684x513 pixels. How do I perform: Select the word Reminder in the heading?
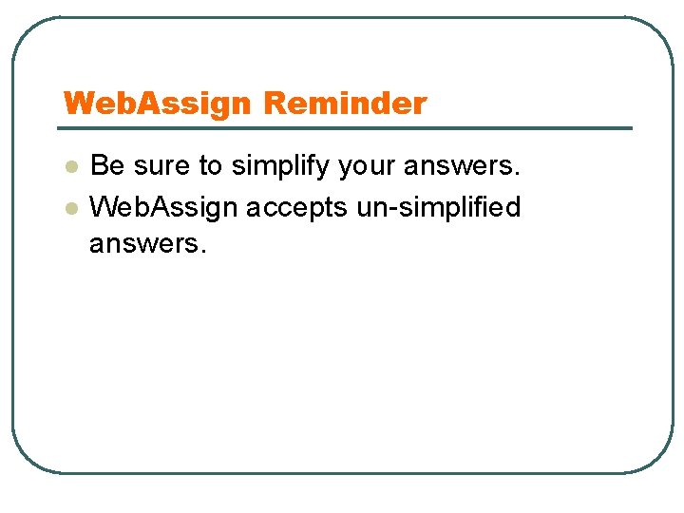(346, 104)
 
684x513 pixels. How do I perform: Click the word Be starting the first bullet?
(107, 166)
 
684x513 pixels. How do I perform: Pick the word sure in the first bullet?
(162, 166)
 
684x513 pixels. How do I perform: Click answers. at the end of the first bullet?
(463, 166)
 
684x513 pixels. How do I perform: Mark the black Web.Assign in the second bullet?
(164, 207)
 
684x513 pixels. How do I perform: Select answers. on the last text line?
(146, 244)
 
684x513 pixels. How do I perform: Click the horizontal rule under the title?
(346, 128)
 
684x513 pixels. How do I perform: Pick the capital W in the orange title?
(77, 104)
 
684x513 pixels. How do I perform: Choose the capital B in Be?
(99, 166)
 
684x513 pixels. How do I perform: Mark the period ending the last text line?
(201, 252)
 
